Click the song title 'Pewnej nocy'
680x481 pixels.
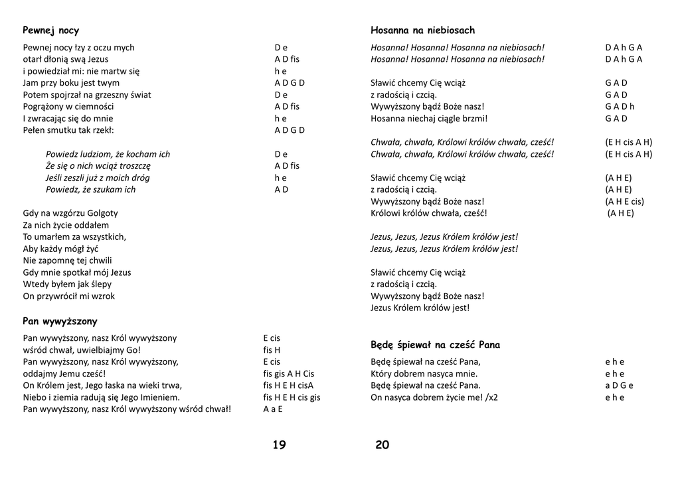click(x=50, y=31)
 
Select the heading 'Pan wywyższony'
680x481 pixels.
click(x=60, y=321)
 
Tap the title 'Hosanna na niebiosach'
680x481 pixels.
click(x=422, y=31)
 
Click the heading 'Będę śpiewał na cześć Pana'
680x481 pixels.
click(x=435, y=345)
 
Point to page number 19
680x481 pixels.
click(x=279, y=445)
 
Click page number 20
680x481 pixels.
click(x=382, y=445)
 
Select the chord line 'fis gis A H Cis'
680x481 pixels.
click(x=289, y=373)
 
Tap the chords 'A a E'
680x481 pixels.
click(x=273, y=409)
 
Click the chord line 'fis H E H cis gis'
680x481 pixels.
click(x=292, y=397)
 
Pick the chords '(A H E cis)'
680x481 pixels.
click(x=624, y=201)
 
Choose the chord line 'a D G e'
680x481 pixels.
click(x=619, y=385)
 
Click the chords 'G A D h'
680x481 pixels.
click(x=620, y=106)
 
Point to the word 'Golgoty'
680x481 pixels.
click(x=102, y=213)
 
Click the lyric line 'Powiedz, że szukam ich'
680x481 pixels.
click(x=90, y=189)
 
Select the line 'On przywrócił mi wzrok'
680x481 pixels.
click(x=68, y=296)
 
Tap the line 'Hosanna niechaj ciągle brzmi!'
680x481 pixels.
click(x=429, y=118)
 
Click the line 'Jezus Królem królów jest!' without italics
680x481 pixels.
click(x=420, y=308)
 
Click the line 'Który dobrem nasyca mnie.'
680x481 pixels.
click(x=424, y=373)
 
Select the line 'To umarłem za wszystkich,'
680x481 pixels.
click(x=74, y=237)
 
